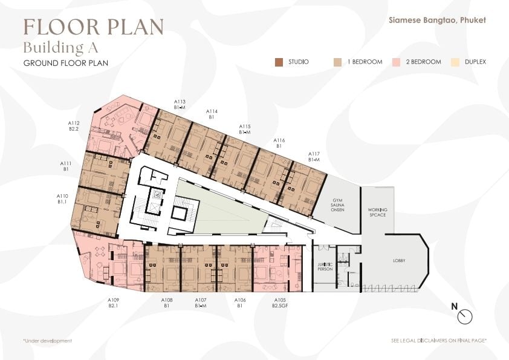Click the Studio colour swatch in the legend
click(279, 62)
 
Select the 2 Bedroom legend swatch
click(396, 62)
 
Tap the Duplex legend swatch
click(455, 62)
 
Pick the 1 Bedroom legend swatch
click(337, 62)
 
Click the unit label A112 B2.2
click(74, 126)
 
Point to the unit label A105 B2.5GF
click(280, 303)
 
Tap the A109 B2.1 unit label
click(113, 303)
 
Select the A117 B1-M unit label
click(314, 157)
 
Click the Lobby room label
click(399, 261)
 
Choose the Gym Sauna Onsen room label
click(337, 205)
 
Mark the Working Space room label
click(378, 212)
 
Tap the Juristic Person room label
click(325, 267)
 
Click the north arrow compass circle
click(465, 316)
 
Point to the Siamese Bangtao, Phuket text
click(437, 20)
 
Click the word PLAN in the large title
click(135, 27)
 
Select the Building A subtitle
click(60, 47)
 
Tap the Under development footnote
click(47, 341)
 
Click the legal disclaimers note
click(439, 341)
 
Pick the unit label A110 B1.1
click(62, 199)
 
